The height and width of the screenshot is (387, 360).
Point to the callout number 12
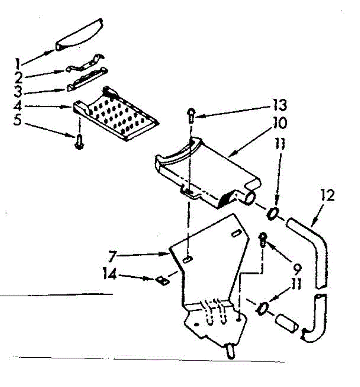coord(327,196)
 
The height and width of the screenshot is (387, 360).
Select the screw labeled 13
coord(190,115)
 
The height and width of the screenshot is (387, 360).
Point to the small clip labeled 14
coord(162,280)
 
